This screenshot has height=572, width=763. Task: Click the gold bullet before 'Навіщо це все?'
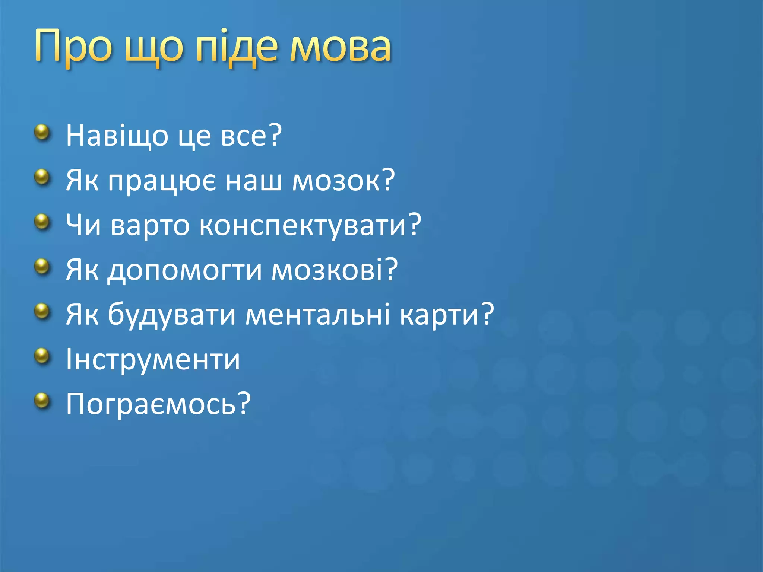click(42, 132)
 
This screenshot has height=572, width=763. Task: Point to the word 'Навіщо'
click(117, 136)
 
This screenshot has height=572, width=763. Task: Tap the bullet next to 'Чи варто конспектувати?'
click(42, 222)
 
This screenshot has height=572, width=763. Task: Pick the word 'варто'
click(150, 226)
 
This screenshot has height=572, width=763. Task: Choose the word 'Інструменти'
click(153, 360)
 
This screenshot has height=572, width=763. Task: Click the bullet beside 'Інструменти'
click(42, 356)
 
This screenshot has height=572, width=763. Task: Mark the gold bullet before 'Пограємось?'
click(42, 401)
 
